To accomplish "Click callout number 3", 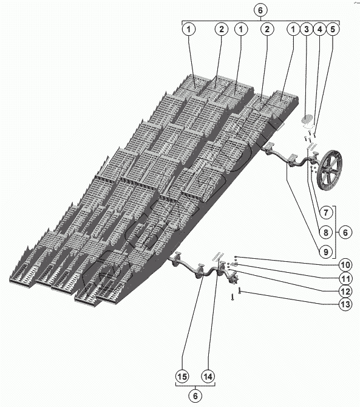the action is (x=307, y=29).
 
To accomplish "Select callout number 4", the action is (x=319, y=29).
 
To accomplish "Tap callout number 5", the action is (x=333, y=29).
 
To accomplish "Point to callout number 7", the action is (x=326, y=213).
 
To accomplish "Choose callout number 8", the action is (x=326, y=232).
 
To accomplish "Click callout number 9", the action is (x=326, y=251).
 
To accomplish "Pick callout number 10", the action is (x=345, y=265).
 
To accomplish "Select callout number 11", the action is (x=345, y=279).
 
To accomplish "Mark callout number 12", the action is (x=345, y=291).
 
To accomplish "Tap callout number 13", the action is (x=345, y=304).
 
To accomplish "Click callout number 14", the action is (x=208, y=377).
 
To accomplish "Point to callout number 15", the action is (x=182, y=377).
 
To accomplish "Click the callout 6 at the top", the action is (x=260, y=10).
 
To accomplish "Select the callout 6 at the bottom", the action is (x=195, y=396).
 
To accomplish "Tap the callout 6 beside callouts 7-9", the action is (x=345, y=232).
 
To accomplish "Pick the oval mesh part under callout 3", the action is (x=308, y=120).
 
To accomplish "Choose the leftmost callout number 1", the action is (x=189, y=29).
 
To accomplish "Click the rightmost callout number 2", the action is (x=267, y=29).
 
